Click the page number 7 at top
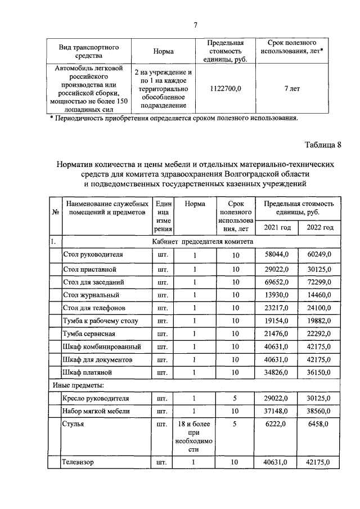(x=195, y=24)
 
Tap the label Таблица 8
(x=323, y=145)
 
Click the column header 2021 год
(x=277, y=227)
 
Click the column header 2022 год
(x=319, y=227)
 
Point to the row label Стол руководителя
(x=93, y=255)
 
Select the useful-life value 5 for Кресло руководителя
(x=235, y=399)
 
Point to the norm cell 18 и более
(x=194, y=425)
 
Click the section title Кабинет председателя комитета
(x=202, y=241)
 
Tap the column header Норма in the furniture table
(x=194, y=204)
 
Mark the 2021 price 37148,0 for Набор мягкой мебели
(x=276, y=412)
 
